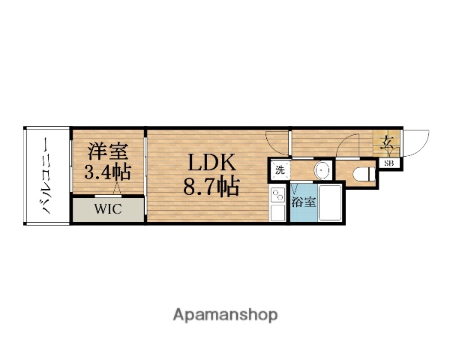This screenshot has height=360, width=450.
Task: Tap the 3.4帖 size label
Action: coord(106,172)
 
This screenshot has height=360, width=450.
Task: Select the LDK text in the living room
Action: coord(211,163)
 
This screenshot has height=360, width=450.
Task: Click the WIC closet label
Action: coord(107,209)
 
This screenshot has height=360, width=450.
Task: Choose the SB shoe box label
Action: coord(391,163)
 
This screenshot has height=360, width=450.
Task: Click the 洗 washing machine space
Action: coord(279,169)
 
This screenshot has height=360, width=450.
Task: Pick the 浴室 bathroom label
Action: coord(303,201)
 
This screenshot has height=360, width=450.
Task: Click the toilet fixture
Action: coord(362,173)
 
